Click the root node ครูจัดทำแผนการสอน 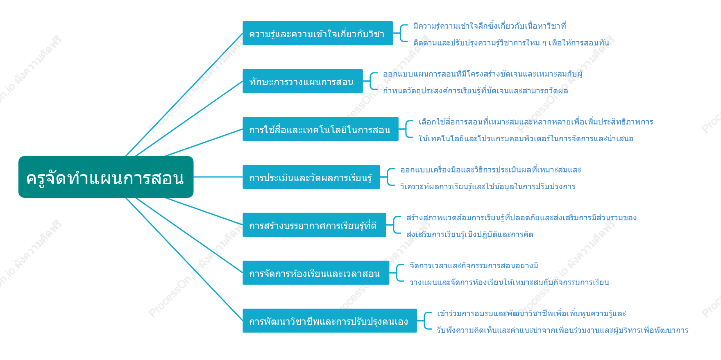click(106, 177)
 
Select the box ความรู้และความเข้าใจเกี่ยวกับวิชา click(317, 33)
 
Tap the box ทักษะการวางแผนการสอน click(303, 81)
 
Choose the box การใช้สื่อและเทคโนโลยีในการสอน click(320, 129)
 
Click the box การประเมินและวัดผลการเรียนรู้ click(311, 177)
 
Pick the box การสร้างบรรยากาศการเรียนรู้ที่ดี click(314, 225)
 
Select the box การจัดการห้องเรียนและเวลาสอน click(316, 273)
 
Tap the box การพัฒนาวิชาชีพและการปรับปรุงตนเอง click(330, 321)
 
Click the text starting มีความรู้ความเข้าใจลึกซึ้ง click(490, 26)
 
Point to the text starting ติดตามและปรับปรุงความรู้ click(511, 43)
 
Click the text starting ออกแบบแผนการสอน click(483, 74)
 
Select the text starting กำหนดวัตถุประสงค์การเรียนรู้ click(475, 91)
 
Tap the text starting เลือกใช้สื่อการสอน click(536, 122)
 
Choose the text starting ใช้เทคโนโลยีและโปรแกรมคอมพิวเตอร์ click(526, 138)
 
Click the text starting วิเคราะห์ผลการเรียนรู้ click(487, 186)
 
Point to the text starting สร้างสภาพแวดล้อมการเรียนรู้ click(521, 218)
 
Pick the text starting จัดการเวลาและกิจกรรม click(474, 266)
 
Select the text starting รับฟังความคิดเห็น click(562, 330)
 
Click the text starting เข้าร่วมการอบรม click(531, 314)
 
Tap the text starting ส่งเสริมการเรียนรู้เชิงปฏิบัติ click(469, 234)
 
